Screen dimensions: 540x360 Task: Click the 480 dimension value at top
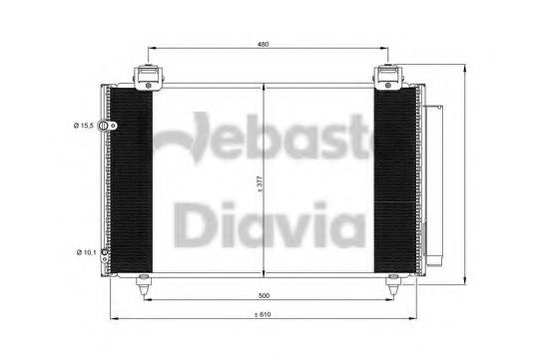coord(263,44)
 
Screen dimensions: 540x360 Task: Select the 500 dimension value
coord(264,295)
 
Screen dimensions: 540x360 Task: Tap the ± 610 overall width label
coord(263,314)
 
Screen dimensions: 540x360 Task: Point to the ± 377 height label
coord(260,184)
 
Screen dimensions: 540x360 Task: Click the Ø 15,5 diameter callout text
coord(83,126)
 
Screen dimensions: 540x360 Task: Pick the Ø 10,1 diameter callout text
coord(86,252)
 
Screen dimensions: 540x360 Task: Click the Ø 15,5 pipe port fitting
coord(107,126)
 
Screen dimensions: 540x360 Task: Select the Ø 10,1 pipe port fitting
coord(105,252)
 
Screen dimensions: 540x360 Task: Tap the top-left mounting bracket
coord(148,78)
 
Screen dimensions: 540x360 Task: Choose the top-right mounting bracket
coord(388,78)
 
